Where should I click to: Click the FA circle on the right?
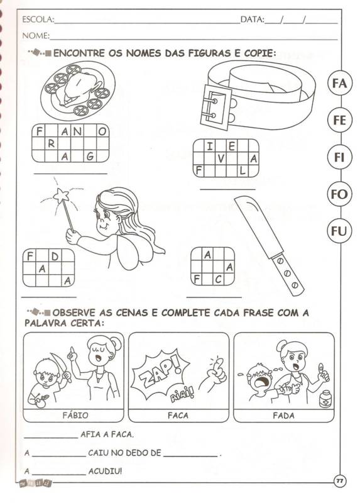pos(339,83)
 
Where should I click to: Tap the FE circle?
pos(339,120)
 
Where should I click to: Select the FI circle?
pos(339,157)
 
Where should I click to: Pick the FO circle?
pos(339,194)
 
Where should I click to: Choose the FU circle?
pos(339,231)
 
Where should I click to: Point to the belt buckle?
pos(215,107)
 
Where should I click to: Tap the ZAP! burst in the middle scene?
pos(160,373)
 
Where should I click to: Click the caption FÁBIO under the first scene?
pos(75,416)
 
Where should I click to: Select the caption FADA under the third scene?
pos(283,416)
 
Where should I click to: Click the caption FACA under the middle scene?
pos(178,416)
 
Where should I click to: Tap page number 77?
pos(339,481)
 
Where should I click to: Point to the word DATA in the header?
pos(252,19)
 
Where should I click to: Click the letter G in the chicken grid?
pos(90,156)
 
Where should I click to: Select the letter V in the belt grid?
pos(221,158)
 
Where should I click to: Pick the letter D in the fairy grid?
pos(55,257)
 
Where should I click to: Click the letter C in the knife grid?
pos(218,279)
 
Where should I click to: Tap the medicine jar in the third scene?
pos(325,399)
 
